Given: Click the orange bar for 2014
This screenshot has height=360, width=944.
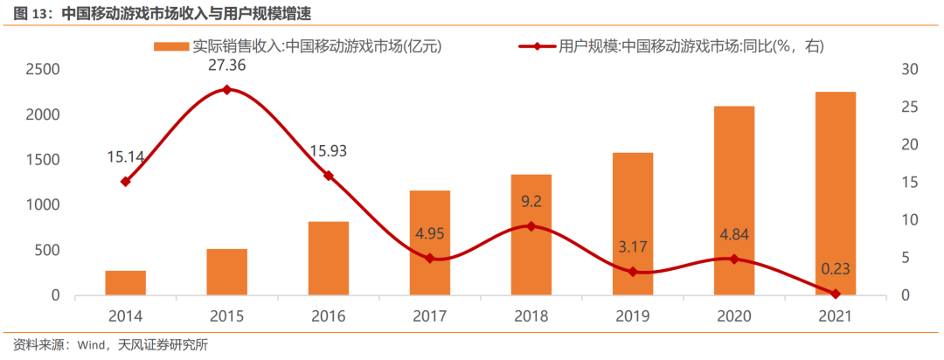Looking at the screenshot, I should coord(126,283).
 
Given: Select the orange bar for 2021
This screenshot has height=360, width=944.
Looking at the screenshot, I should coord(835,193).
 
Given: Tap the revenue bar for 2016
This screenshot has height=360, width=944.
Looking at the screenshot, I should coord(329,259).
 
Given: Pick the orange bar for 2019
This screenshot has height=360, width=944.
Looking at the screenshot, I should coord(633,224).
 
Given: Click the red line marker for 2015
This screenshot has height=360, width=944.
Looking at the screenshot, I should coord(227,89).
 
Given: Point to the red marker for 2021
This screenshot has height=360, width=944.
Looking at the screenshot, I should coord(835,294).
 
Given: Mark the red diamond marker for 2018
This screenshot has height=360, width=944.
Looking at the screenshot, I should coord(531,226).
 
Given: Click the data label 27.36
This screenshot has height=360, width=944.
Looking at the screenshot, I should coord(227,66).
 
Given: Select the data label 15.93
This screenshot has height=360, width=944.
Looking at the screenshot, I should coord(329,151).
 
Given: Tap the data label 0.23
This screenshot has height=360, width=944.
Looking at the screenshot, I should coord(835,269).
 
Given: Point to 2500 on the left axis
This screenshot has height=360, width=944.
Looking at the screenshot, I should coord(43,69).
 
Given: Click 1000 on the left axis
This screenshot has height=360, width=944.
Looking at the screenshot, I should coord(43,204).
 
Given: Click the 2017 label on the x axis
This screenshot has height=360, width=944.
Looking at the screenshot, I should coord(430,315).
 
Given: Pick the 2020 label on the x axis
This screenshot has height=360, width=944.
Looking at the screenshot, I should coord(734,315).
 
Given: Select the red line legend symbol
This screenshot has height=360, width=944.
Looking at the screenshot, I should coord(537,45).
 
